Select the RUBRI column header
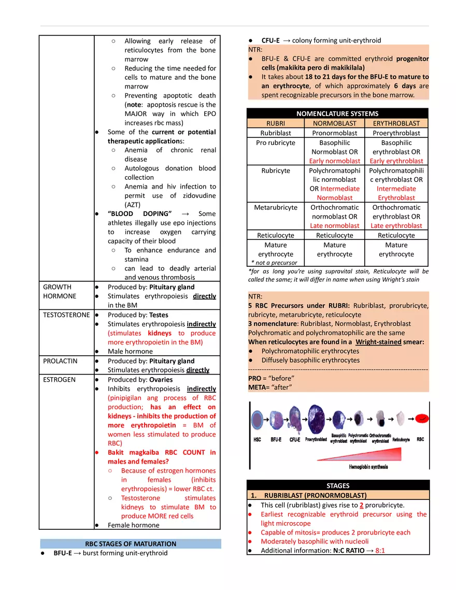(x=275, y=123)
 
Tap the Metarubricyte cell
(x=276, y=207)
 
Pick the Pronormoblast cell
(x=334, y=133)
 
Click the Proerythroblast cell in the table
(x=396, y=133)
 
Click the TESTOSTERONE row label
(x=66, y=315)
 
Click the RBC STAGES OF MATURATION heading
(x=130, y=544)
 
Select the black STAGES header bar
(x=338, y=486)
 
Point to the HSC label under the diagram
(x=256, y=439)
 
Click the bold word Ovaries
(x=161, y=380)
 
